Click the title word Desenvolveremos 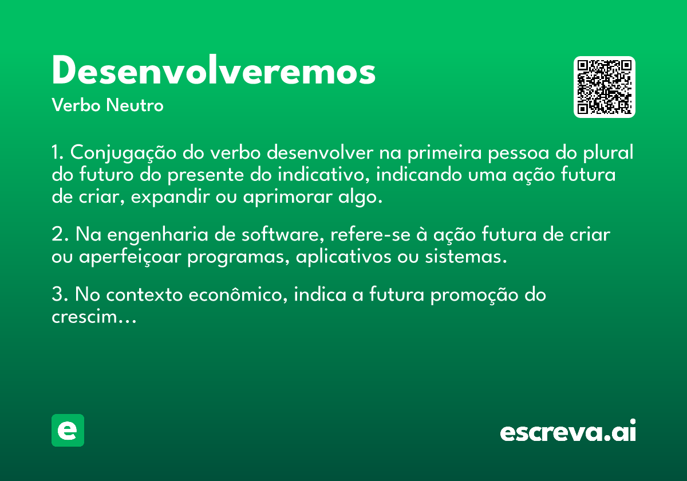click(214, 70)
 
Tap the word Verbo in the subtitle click(76, 105)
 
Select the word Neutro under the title click(135, 105)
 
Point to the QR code click(604, 87)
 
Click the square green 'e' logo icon click(68, 430)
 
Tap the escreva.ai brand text click(568, 431)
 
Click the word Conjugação click(123, 153)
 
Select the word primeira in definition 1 click(445, 153)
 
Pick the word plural click(608, 152)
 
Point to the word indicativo click(323, 175)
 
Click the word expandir click(171, 197)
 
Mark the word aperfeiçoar click(130, 257)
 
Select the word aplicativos click(343, 257)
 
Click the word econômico click(238, 295)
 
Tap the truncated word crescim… click(94, 317)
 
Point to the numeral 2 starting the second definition click(57, 234)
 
